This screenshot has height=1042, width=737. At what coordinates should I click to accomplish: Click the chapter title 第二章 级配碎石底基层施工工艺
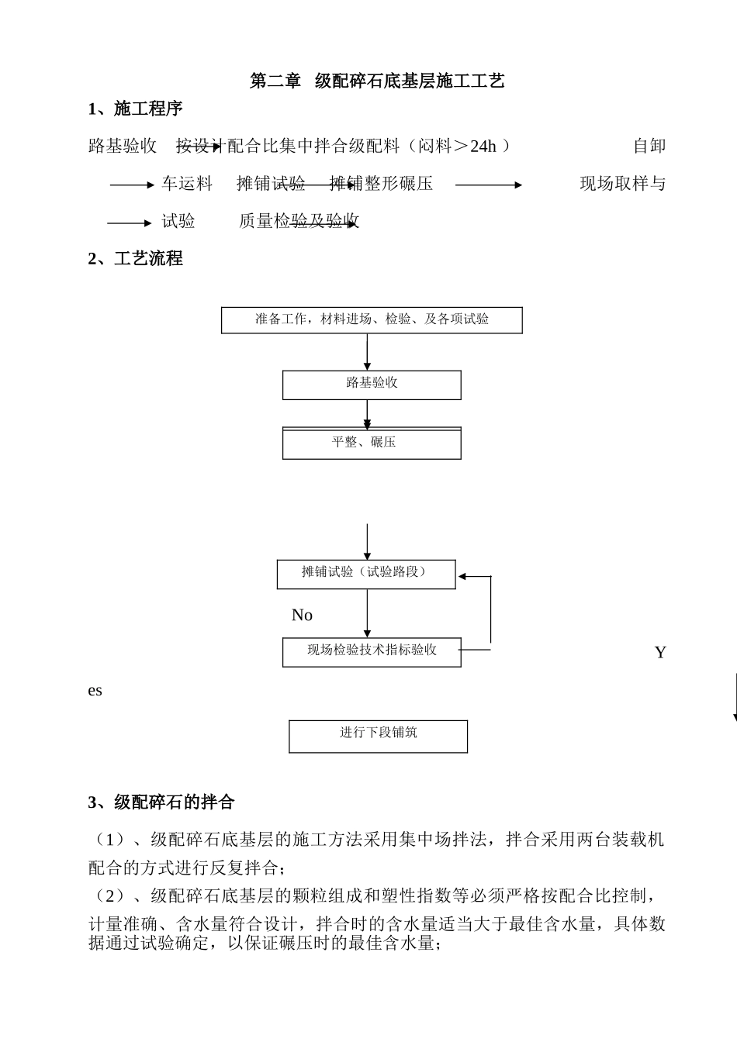tap(377, 81)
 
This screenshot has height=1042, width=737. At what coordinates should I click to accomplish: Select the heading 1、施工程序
tap(135, 109)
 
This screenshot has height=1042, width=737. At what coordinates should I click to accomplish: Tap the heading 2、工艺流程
tap(135, 259)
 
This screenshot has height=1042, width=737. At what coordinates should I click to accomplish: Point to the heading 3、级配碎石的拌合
tap(161, 802)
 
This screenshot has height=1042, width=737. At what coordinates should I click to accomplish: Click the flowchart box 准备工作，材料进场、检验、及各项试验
tap(372, 319)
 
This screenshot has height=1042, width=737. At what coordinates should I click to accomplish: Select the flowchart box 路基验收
tap(372, 384)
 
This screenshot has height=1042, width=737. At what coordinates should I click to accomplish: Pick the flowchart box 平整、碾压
tap(372, 443)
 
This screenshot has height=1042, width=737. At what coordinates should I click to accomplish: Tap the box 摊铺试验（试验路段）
tap(366, 573)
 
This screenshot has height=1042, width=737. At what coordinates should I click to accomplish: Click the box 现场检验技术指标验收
tap(372, 651)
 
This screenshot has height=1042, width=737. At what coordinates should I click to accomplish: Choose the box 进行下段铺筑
tap(378, 735)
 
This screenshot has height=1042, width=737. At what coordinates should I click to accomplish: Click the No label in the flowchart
tap(302, 616)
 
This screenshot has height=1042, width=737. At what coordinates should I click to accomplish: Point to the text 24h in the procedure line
tap(483, 146)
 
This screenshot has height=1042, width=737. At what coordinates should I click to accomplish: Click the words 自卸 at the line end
tap(649, 146)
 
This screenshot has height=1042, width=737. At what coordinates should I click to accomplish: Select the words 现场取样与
tap(622, 184)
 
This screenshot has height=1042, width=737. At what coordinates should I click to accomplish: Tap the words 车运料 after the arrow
tap(187, 184)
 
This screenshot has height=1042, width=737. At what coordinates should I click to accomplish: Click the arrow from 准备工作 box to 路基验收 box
tap(367, 352)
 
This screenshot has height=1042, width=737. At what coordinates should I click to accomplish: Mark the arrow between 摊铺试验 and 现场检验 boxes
tap(367, 613)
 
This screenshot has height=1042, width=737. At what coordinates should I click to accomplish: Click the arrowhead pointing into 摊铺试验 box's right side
tap(462, 576)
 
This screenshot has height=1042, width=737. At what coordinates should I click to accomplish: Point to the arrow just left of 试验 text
tap(130, 223)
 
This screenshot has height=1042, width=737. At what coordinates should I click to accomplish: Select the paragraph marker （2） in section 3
tap(109, 896)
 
